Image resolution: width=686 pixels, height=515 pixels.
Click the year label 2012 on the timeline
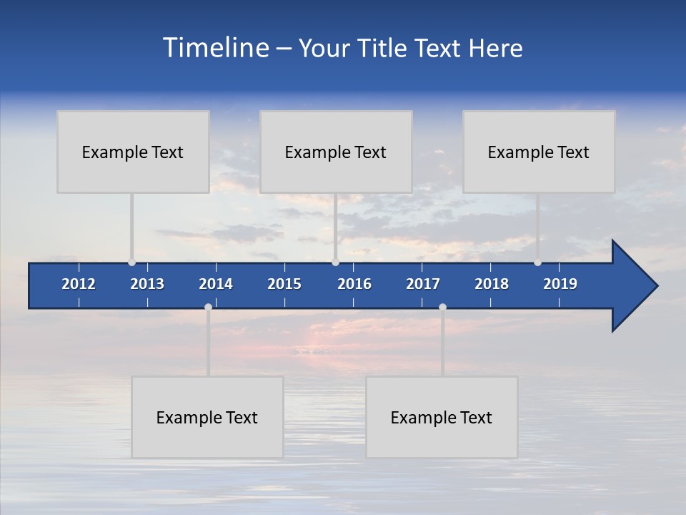79,284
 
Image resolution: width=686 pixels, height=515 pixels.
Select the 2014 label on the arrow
216,284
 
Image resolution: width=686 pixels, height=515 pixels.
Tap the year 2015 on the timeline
284,284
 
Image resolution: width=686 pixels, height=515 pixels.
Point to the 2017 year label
423,284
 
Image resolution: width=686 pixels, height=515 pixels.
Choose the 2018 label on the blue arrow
492,284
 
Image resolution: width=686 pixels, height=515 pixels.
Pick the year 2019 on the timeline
560,284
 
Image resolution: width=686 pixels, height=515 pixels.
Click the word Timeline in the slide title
215,48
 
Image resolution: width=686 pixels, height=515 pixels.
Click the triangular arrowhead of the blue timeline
632,286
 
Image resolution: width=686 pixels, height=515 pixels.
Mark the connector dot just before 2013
131,263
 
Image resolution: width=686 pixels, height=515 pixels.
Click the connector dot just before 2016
335,263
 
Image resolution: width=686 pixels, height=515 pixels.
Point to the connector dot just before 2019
537,263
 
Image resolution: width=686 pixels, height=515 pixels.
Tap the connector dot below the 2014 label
208,308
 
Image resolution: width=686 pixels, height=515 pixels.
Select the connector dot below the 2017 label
442,308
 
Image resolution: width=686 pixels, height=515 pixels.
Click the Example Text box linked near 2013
133,152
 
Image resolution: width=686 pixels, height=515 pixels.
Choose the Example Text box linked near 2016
336,152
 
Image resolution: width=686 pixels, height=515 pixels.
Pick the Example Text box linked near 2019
539,152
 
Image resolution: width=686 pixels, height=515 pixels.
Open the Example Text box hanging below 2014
207,417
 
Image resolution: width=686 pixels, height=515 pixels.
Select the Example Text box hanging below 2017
442,417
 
